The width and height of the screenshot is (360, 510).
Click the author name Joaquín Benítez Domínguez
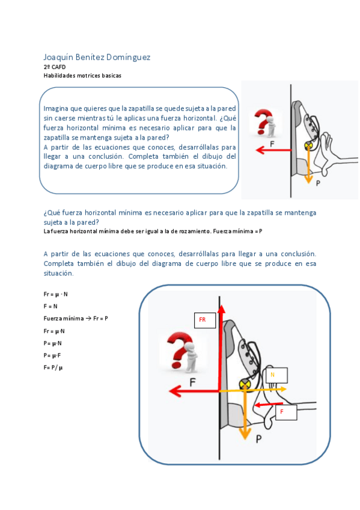point(97,58)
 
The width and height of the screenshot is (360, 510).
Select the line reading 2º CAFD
point(55,67)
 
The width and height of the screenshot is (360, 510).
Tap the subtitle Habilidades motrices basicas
point(82,75)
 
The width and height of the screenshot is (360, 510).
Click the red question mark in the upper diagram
point(263,121)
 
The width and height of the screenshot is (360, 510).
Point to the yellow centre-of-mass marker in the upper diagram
point(308,146)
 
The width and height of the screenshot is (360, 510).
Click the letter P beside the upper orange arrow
point(318,183)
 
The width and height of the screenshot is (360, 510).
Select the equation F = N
point(50,306)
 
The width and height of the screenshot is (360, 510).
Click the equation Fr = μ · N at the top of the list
point(55,294)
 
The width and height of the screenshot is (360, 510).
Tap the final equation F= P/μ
point(53,367)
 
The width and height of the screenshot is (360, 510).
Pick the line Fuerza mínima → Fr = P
point(76,318)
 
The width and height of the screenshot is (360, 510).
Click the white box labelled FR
point(205,320)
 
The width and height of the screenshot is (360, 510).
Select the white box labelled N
point(276,375)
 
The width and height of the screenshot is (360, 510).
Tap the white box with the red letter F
point(286,412)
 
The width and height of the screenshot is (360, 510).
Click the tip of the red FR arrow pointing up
point(221,305)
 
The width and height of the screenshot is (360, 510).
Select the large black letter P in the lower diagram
point(258,439)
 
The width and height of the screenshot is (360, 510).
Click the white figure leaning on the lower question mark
point(191,358)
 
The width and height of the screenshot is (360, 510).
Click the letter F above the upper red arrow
point(272,144)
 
